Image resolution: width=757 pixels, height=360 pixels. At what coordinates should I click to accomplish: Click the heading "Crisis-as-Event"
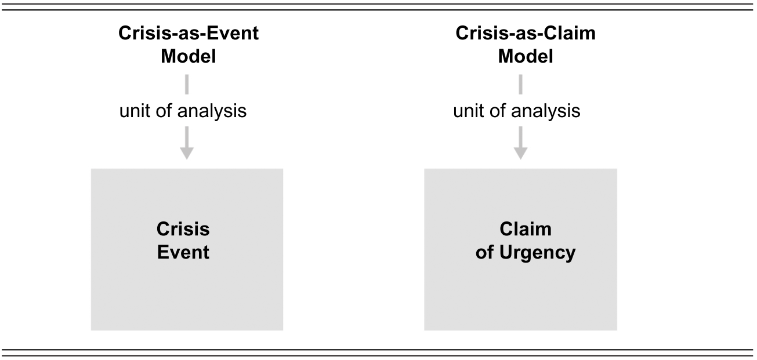pos(189,34)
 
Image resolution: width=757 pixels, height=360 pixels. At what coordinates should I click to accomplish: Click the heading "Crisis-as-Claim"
pos(526,34)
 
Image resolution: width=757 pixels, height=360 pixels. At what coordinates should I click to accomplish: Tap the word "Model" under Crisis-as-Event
pos(189,56)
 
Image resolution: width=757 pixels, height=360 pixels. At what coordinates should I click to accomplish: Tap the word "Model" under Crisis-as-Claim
pos(526,56)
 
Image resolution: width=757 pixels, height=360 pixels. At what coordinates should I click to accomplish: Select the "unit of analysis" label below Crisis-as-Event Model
pos(183,111)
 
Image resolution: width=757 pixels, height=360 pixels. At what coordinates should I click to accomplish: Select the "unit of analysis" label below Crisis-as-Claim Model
pos(517,111)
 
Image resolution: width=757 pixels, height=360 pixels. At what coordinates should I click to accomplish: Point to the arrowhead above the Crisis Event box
pos(187,153)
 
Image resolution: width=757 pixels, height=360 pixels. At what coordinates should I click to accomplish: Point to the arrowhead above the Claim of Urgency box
pos(520,153)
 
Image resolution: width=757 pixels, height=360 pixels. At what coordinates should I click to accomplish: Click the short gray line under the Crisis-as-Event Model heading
pos(187,85)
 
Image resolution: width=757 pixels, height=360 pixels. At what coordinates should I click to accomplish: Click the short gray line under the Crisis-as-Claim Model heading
pos(520,85)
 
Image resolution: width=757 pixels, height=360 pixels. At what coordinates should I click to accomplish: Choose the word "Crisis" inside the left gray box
pos(183,230)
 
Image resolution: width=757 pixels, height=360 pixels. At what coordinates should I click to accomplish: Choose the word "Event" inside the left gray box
pos(183,252)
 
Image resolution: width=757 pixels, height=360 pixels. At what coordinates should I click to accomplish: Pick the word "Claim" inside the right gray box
pos(526,230)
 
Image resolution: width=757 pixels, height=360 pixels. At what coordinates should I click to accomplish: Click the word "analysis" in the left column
pos(212,111)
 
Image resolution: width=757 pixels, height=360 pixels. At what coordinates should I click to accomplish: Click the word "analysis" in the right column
pos(546,111)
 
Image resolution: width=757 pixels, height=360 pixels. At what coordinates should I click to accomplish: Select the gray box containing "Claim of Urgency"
pos(520,250)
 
